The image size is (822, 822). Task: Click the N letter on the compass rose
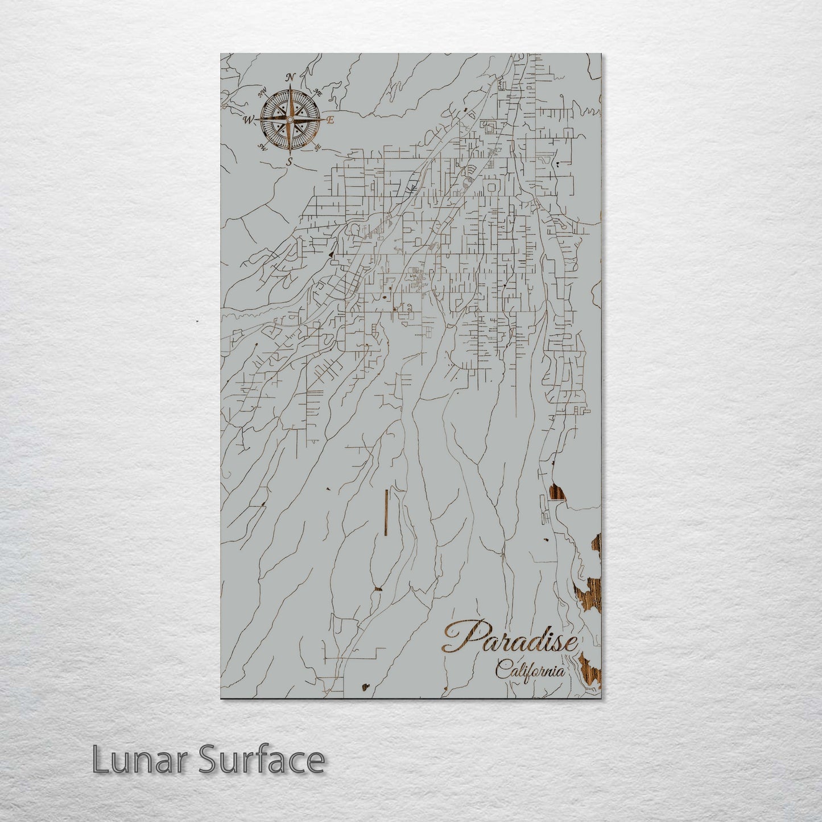coord(290,77)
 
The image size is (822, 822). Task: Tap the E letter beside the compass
coord(330,121)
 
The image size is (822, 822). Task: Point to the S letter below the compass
coord(290,162)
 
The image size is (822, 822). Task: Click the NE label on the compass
coord(318,92)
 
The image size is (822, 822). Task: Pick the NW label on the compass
coord(262,93)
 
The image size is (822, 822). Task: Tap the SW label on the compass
coord(263,147)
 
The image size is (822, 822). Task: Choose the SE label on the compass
coord(317,148)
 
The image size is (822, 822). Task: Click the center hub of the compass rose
coord(290,120)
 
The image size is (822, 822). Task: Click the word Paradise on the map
coord(510,639)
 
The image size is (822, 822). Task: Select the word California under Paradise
coord(530,670)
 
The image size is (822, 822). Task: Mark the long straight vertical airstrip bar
coord(386,512)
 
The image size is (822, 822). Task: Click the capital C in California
coord(501,669)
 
